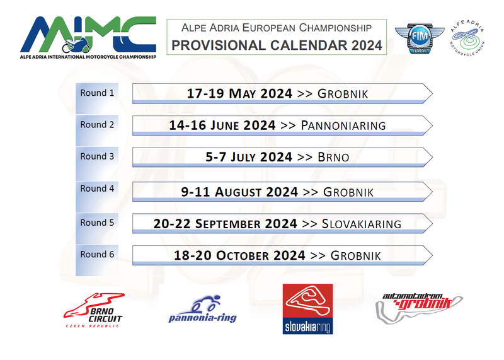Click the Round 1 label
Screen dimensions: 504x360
click(97, 93)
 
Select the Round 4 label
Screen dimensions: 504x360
click(97, 189)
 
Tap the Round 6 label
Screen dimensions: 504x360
click(97, 255)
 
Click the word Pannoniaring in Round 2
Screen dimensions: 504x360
click(343, 125)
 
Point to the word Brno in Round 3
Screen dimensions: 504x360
click(333, 158)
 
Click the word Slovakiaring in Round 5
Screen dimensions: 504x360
click(362, 224)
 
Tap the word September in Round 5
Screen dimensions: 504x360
click(228, 224)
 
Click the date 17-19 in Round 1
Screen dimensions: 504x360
click(205, 93)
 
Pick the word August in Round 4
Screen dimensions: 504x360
click(238, 192)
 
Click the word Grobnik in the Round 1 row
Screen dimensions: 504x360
click(343, 94)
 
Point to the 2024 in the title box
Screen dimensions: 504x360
click(367, 45)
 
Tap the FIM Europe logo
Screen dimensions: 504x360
click(420, 38)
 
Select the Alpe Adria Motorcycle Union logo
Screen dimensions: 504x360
click(467, 38)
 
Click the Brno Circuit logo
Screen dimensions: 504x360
click(93, 310)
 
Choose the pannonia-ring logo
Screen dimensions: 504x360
click(203, 309)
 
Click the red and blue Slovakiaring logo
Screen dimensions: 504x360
click(307, 309)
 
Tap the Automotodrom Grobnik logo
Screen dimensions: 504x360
click(419, 308)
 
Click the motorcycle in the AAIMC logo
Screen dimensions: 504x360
click(76, 46)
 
